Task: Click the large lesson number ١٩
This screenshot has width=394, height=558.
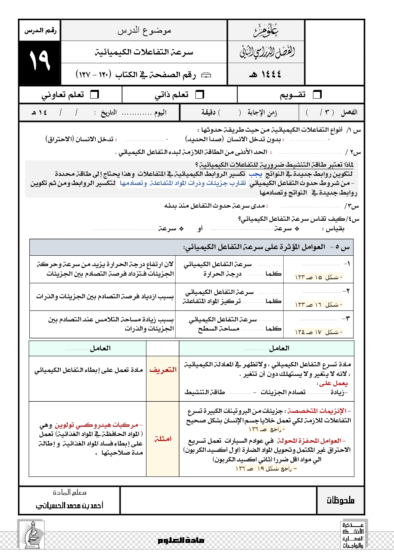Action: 39,61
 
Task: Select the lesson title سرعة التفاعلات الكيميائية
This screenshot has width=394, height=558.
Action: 144,52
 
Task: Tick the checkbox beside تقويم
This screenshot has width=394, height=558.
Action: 317,95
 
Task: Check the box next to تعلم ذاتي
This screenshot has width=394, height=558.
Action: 200,95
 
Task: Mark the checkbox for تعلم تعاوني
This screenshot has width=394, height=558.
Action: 95,95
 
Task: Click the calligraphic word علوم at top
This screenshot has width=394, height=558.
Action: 266,30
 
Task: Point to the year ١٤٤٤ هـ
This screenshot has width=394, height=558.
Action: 265,74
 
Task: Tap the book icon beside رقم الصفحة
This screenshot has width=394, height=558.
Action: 207,75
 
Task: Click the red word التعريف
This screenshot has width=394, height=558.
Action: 163,370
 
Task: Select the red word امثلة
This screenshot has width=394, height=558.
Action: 163,439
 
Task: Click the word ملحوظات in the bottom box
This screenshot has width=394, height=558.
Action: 340,500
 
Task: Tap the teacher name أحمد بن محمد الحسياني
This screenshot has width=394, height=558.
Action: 70,506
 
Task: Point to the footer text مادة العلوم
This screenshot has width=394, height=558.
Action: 181,540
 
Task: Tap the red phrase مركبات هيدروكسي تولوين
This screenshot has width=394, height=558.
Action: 99,425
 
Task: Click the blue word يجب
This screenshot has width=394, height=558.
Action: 255,174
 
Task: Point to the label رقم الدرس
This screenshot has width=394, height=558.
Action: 40,31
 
